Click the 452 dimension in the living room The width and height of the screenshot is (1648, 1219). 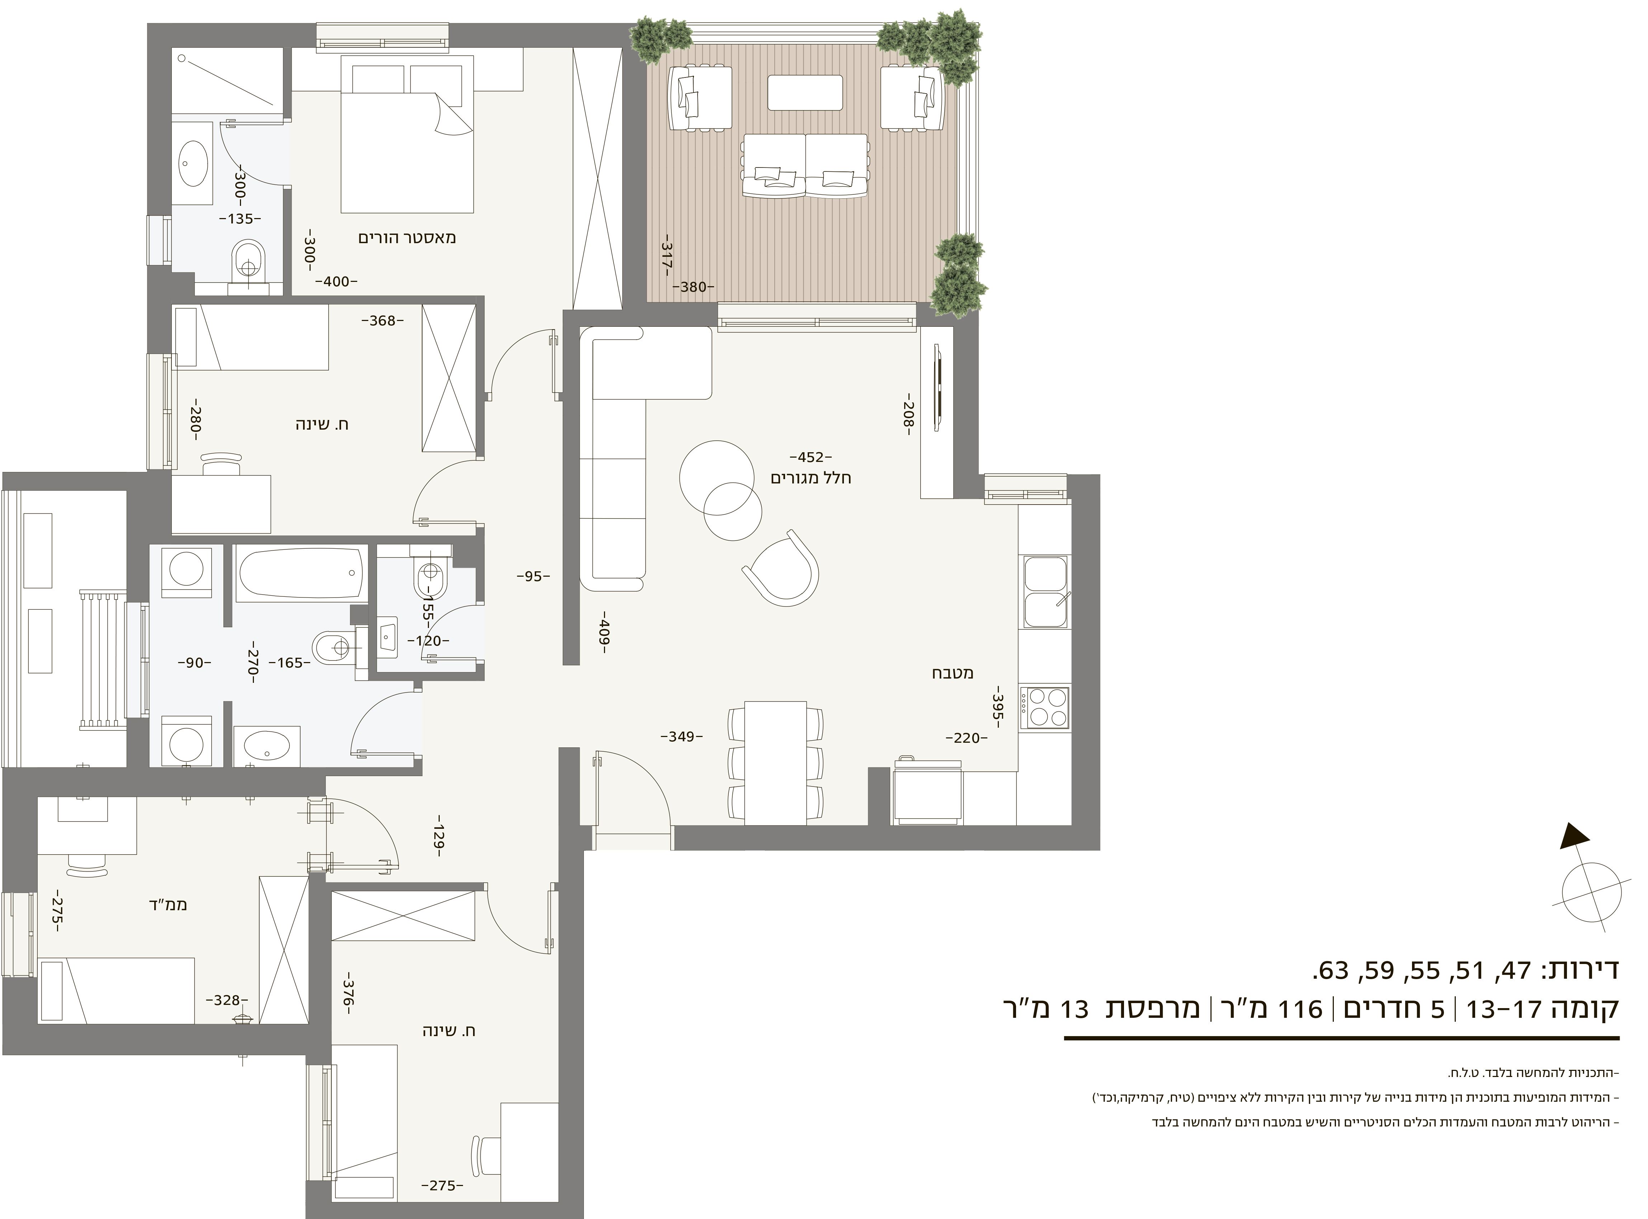[x=810, y=457]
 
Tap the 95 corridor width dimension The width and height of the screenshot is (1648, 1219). [x=533, y=576]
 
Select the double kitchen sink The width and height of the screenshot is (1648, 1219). [x=1045, y=592]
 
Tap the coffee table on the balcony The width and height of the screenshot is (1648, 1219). [x=804, y=92]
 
